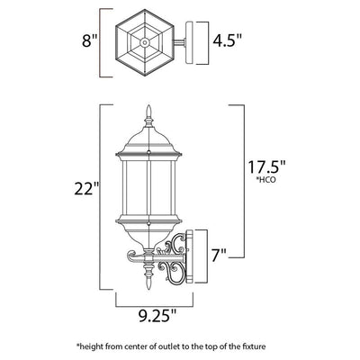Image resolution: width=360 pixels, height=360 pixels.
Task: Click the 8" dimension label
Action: coord(90,41)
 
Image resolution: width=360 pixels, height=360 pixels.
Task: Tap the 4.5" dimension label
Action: coord(227,40)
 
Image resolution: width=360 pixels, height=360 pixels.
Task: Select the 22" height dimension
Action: coord(87,189)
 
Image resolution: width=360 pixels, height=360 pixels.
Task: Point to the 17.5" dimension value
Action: coord(266,167)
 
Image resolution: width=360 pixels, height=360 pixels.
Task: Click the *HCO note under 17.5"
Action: coord(265,180)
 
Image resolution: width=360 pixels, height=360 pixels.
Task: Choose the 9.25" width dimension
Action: coord(157,315)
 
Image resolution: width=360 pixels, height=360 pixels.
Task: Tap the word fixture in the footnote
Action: coord(254,347)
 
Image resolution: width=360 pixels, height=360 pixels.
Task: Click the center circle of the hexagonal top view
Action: coord(145,42)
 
